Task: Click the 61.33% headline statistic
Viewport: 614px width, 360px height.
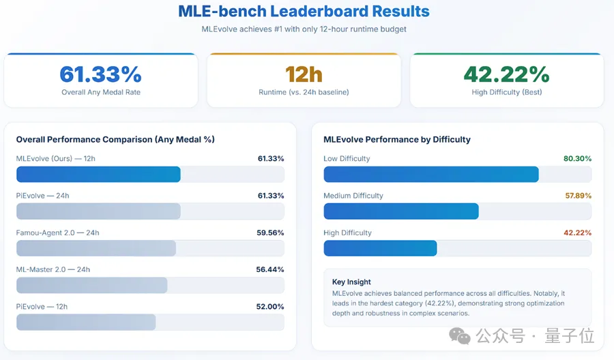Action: [x=100, y=74]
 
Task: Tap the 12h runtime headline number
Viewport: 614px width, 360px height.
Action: [x=304, y=74]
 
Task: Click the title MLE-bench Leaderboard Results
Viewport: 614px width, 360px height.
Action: [x=304, y=12]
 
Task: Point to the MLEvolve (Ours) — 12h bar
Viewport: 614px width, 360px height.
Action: [x=98, y=175]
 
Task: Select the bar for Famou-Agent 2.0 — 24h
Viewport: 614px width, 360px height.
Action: [x=96, y=248]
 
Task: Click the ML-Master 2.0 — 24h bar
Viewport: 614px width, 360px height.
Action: [x=92, y=285]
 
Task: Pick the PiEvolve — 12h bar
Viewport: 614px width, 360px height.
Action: [x=86, y=322]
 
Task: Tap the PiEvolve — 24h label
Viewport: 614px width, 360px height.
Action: [x=42, y=196]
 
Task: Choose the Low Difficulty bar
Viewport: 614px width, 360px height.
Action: [x=431, y=175]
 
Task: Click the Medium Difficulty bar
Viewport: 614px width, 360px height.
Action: [x=401, y=211]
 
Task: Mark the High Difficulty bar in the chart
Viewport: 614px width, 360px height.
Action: [x=380, y=248]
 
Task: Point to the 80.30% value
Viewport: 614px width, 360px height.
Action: [x=577, y=159]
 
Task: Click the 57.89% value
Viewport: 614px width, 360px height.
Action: [x=577, y=196]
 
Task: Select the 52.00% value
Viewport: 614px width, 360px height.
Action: [x=270, y=307]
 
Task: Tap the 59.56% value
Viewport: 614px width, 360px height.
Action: [x=270, y=232]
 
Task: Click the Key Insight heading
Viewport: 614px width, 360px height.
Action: [x=351, y=282]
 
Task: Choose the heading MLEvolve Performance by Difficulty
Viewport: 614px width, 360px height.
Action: [x=396, y=140]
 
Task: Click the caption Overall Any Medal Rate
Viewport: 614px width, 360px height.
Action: [x=100, y=92]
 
